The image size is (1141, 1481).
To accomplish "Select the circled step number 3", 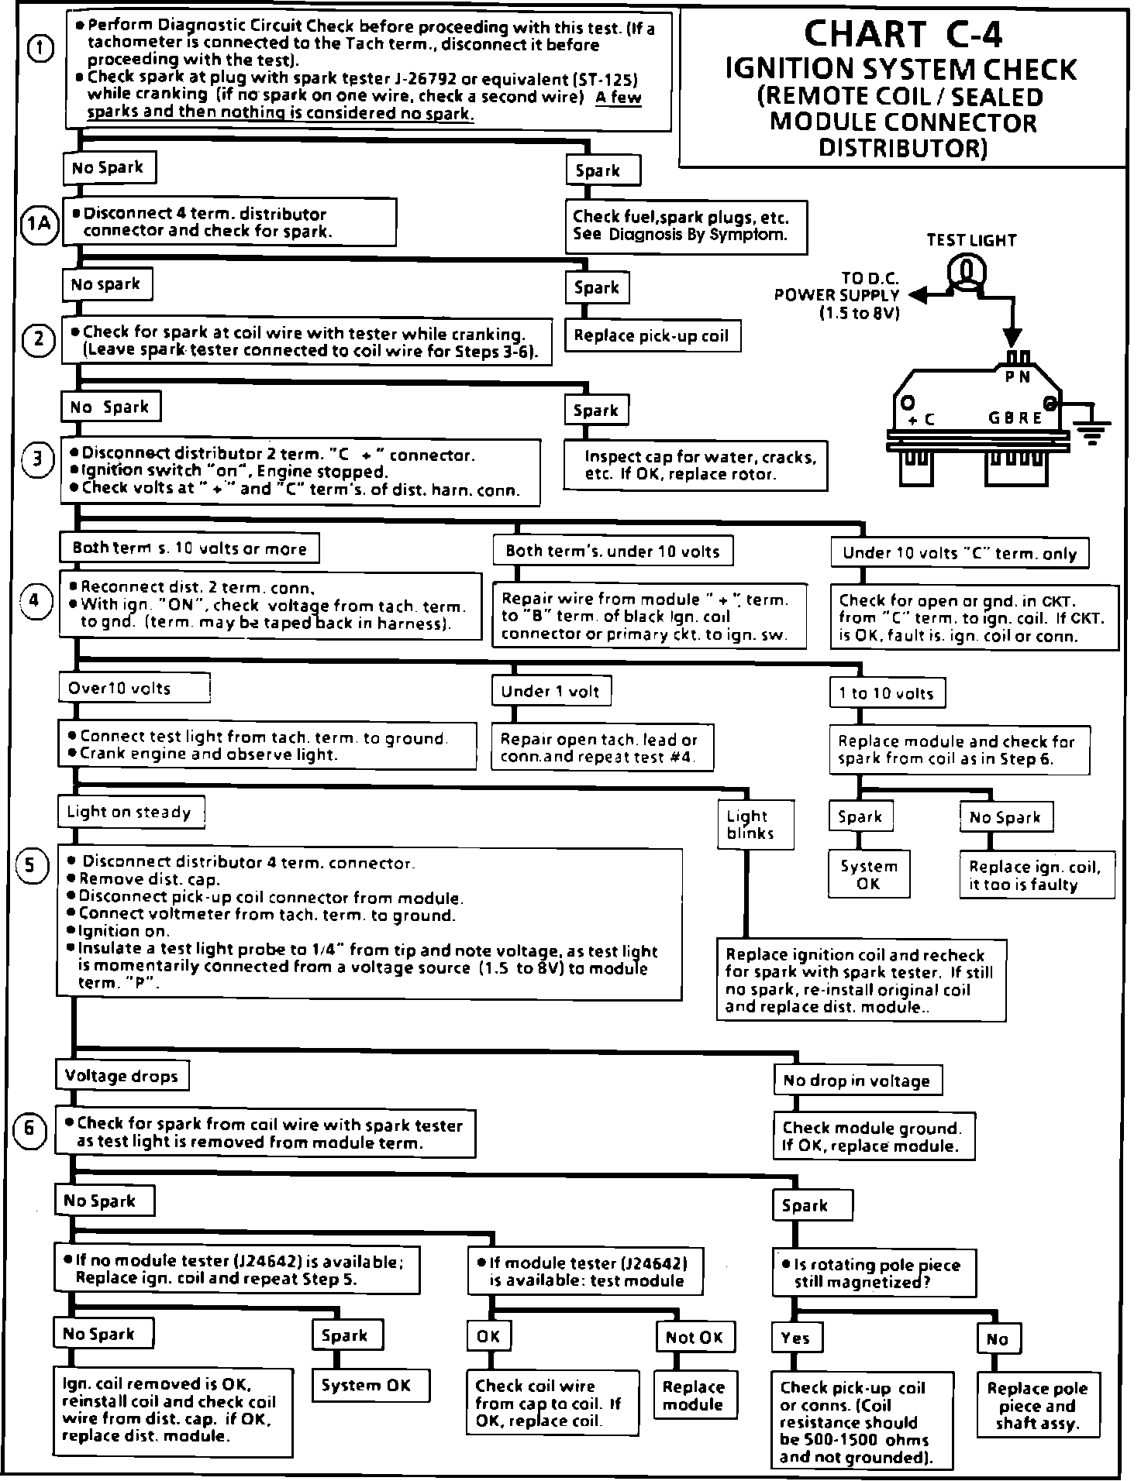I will click(x=36, y=460).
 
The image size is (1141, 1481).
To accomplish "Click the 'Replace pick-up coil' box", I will click(x=652, y=336).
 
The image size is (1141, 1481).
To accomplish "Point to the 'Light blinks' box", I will click(x=748, y=825).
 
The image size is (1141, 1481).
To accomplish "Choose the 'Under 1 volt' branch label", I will click(x=550, y=692).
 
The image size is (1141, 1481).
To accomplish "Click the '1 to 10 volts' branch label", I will click(x=886, y=693).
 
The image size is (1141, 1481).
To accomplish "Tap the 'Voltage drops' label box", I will click(x=122, y=1076).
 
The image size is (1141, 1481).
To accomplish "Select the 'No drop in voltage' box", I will click(x=857, y=1081).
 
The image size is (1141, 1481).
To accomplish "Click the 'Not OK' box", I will click(x=694, y=1338).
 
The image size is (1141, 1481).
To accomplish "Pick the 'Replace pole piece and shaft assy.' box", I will click(x=1037, y=1406).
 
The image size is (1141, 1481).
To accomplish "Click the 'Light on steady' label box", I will click(x=129, y=812).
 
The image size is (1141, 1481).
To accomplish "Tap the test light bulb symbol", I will click(x=967, y=270).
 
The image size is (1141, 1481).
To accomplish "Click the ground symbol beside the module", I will click(x=1094, y=431).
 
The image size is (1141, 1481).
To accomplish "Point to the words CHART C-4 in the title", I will click(x=903, y=33).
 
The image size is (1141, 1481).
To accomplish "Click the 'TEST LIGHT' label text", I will click(x=971, y=240).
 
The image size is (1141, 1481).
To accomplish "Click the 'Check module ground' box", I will click(x=873, y=1137).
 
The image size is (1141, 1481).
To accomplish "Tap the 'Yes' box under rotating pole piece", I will click(x=796, y=1338).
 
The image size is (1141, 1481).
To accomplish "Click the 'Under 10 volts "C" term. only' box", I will click(x=960, y=553).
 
